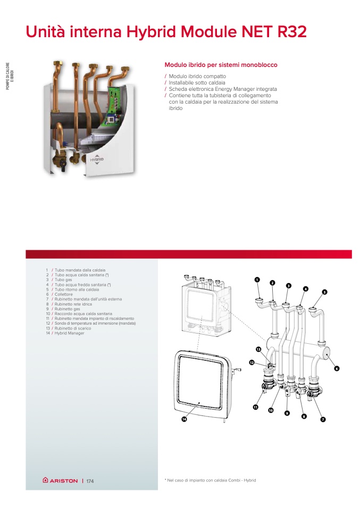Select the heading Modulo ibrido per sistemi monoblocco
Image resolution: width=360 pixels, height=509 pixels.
221,65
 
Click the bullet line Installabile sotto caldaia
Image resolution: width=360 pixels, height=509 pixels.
197,83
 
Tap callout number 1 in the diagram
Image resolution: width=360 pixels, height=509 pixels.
256,279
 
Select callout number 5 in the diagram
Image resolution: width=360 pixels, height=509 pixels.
324,292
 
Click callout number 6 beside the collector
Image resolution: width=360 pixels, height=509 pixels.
337,368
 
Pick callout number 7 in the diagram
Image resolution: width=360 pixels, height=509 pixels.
323,420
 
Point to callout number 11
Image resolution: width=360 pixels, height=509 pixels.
255,407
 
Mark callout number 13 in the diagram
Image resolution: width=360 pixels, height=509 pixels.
258,349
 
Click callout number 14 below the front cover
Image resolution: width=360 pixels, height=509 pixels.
185,419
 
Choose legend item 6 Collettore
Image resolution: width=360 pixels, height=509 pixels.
61,294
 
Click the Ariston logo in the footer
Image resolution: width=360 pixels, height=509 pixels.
60,481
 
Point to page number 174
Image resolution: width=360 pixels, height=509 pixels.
90,481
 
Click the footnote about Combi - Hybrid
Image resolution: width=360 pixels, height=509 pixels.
211,480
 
